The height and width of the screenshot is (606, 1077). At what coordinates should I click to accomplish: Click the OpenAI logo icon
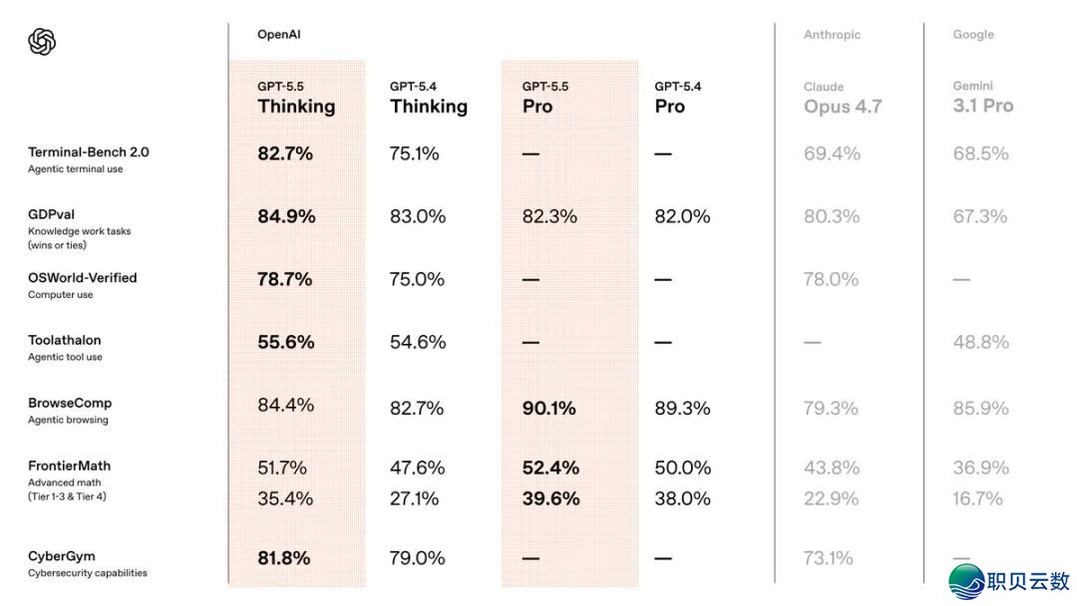coord(42,42)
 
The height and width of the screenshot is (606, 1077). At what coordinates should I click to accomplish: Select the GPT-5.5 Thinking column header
coord(296,99)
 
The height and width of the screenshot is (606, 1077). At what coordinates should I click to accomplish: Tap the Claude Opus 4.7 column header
coord(843,99)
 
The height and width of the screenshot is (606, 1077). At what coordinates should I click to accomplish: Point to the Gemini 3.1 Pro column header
coord(983,98)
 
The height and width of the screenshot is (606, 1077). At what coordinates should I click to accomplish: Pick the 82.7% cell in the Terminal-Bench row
coord(285,153)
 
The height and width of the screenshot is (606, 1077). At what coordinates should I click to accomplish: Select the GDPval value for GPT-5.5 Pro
coord(549,217)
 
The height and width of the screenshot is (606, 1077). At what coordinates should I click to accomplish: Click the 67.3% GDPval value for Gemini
coord(980,217)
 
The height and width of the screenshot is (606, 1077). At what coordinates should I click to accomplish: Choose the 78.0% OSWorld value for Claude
coord(831,279)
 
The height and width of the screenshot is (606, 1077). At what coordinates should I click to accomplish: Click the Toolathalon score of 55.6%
coord(286,342)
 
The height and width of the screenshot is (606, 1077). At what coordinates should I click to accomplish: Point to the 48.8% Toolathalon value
coord(981,342)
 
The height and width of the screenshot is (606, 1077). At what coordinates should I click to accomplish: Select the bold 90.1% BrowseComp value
coord(548,409)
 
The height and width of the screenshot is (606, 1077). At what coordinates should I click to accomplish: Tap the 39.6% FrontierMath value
coord(550,498)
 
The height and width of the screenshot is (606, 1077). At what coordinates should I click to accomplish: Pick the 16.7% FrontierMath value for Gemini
coord(977,498)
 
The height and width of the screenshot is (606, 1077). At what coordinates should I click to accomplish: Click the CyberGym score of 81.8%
coord(283,558)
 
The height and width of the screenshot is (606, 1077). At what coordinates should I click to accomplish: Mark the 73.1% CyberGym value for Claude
coord(829,558)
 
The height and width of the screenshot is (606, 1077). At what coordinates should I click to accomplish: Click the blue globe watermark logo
coord(967,581)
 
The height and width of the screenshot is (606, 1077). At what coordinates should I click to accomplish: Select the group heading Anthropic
coord(832,34)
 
